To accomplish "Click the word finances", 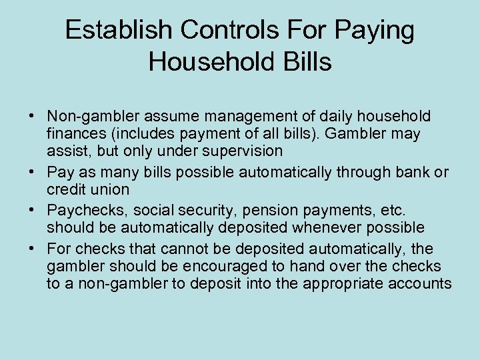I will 74,134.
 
